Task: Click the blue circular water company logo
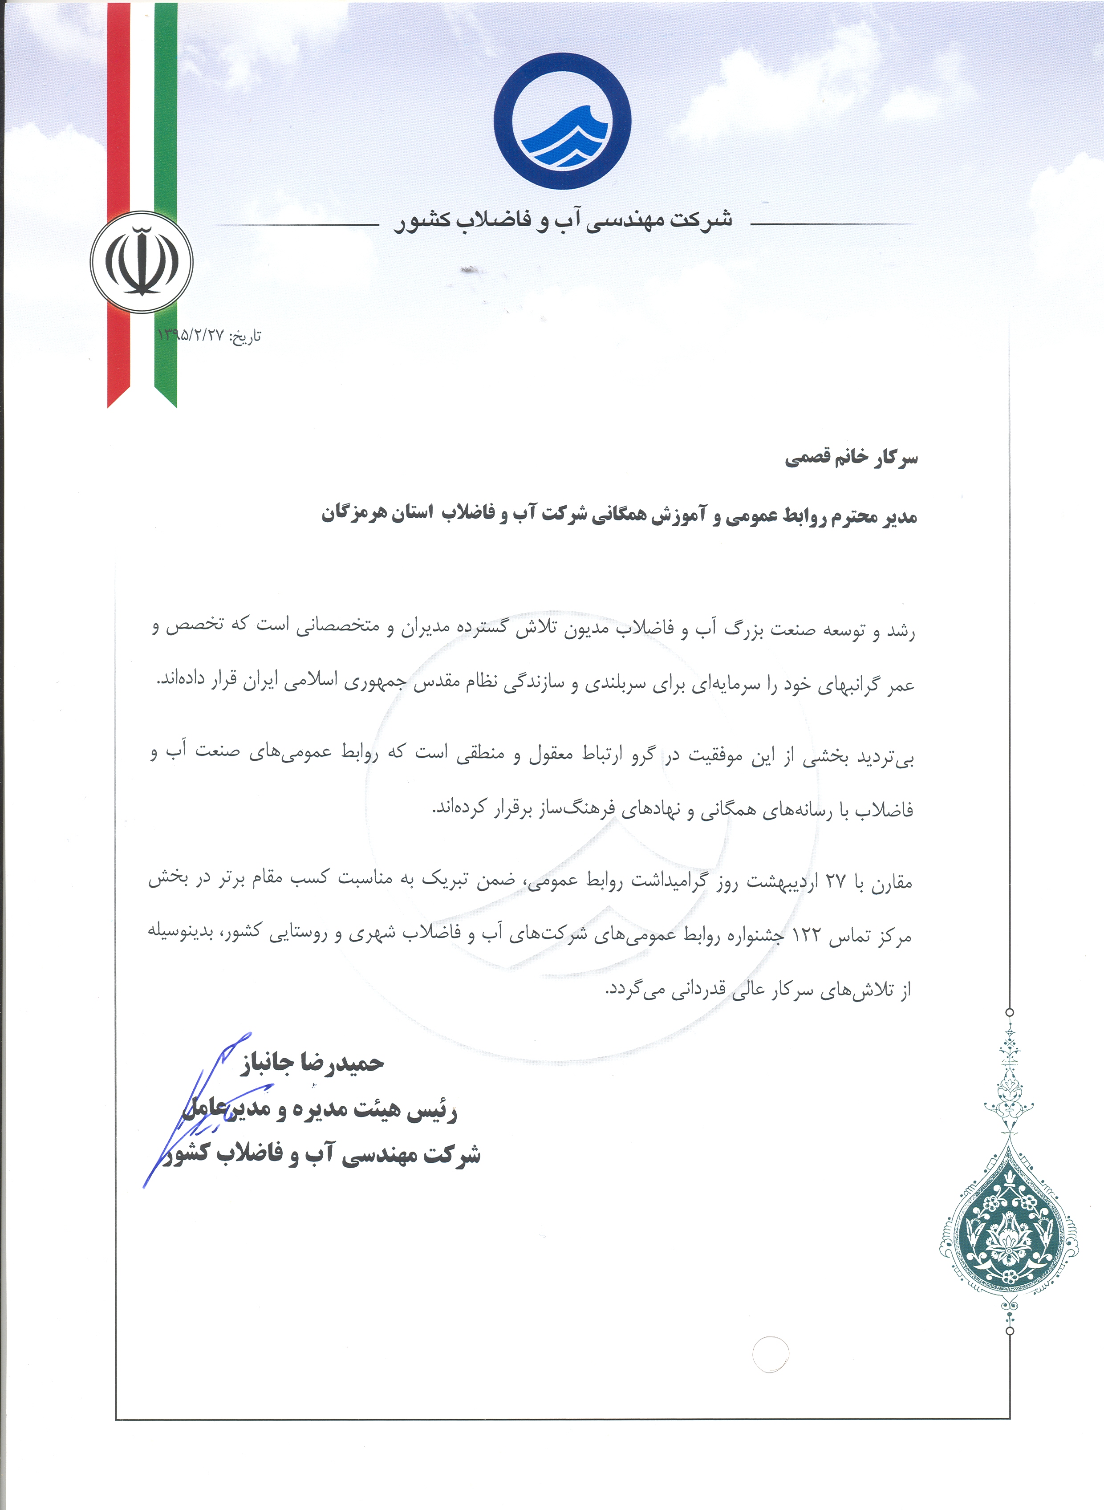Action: point(562,121)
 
